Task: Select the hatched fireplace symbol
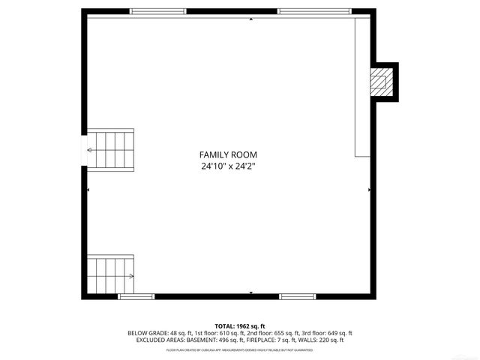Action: [x=382, y=82]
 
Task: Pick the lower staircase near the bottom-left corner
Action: [x=111, y=276]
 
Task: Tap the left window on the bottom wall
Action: [x=136, y=297]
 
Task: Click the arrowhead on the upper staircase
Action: [x=91, y=150]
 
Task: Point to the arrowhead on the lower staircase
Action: [x=131, y=276]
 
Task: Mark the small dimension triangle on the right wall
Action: [x=369, y=190]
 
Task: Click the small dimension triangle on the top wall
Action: [x=250, y=19]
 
